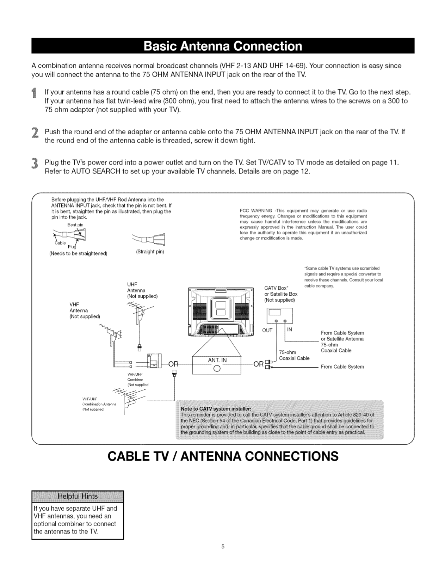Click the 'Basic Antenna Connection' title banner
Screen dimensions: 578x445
(223, 46)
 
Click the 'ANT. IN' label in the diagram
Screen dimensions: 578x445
(217, 360)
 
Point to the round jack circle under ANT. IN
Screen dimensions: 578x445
(217, 368)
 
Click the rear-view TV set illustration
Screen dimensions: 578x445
(221, 312)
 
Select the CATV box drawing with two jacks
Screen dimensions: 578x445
(280, 315)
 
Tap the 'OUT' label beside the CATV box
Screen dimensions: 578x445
(267, 330)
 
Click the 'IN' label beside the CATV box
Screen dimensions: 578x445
(290, 330)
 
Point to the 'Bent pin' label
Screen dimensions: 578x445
(75, 225)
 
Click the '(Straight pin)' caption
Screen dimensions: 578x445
(150, 252)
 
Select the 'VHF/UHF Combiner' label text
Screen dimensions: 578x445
(136, 377)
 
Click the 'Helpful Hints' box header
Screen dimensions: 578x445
(78, 496)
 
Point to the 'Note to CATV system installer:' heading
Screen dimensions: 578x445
(216, 409)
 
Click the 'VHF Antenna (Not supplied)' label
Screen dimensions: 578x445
(85, 310)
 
